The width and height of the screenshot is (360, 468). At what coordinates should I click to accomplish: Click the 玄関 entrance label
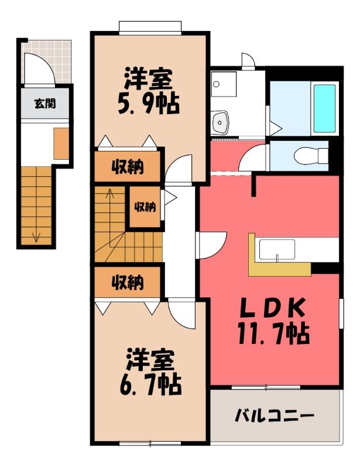tap(45, 104)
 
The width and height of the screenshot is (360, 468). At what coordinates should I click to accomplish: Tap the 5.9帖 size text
tap(149, 104)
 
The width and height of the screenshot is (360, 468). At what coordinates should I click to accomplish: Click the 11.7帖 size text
tap(273, 333)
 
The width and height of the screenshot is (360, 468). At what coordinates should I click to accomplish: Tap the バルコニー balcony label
tap(275, 415)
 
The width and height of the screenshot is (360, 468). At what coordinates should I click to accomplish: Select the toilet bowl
tap(311, 156)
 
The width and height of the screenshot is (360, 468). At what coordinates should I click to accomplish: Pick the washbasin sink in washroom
tap(220, 123)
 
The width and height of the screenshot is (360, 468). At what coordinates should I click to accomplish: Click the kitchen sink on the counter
tap(277, 250)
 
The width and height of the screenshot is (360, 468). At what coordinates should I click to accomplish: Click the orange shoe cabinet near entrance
tap(61, 143)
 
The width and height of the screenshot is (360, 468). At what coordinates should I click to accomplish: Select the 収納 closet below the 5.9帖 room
tap(128, 167)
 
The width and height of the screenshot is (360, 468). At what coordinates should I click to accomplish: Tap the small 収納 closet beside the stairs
tap(145, 207)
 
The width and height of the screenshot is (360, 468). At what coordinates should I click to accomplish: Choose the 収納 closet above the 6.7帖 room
tap(128, 282)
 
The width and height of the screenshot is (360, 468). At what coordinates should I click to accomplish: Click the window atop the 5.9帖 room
tap(150, 27)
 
